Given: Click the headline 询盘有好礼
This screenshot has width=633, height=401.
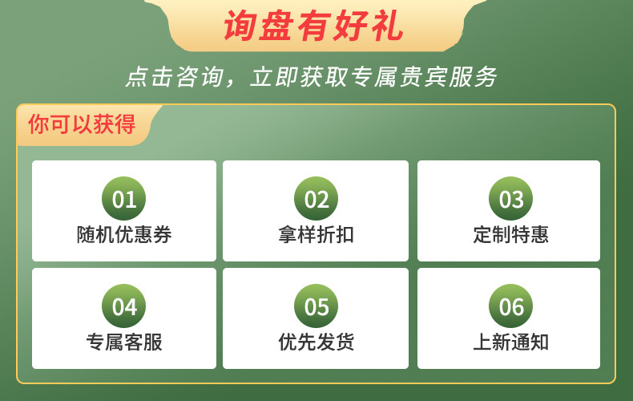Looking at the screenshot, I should tap(314, 27).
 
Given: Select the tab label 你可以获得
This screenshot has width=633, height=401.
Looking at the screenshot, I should tap(82, 125).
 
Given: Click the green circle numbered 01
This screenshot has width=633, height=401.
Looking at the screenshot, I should tap(124, 199).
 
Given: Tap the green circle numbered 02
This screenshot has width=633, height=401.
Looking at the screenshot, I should tap(316, 199).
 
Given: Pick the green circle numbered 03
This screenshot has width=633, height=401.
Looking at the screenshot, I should tap(511, 199).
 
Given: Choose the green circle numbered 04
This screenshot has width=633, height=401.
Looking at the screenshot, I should tap(124, 306).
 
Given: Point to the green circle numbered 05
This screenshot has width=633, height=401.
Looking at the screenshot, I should tap(316, 306).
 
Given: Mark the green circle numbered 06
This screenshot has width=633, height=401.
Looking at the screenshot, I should tap(511, 306).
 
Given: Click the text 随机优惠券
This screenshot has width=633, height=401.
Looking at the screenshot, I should tap(124, 235).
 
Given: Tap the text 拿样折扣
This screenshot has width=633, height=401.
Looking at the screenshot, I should tap(316, 235).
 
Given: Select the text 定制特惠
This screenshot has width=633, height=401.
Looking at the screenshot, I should tap(511, 235).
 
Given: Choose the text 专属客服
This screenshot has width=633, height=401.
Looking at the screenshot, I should tap(124, 342).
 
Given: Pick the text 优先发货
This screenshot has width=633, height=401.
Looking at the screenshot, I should tap(316, 342).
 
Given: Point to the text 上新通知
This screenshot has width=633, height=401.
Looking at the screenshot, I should tap(511, 342).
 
